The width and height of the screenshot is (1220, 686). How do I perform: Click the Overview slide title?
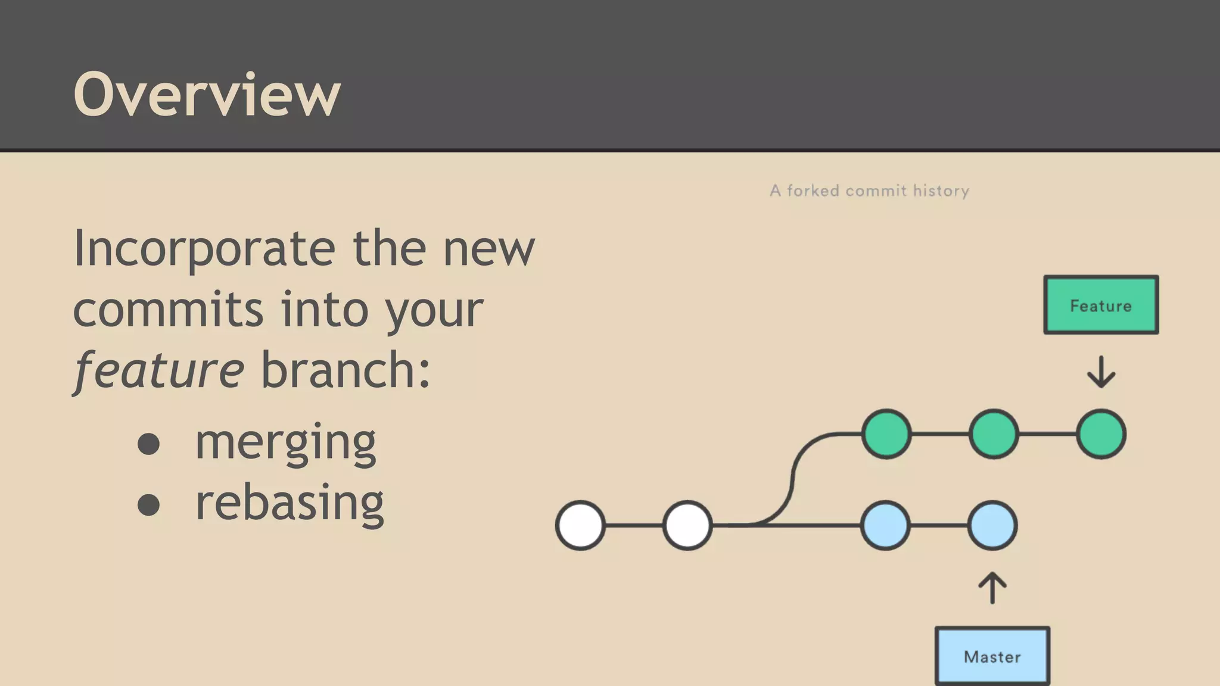tap(206, 94)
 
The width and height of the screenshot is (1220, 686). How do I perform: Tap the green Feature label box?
tap(1100, 305)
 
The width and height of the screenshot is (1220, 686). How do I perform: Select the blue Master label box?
tap(992, 656)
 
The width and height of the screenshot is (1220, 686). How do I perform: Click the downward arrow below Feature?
tap(1100, 372)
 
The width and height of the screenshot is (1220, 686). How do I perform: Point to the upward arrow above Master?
tap(992, 588)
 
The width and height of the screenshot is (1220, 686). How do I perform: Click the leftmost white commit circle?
tap(580, 525)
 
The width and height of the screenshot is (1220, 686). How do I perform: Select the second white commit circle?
tap(687, 525)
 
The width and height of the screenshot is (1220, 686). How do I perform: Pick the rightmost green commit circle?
tap(1101, 434)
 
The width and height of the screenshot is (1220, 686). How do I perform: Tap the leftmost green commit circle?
tap(886, 434)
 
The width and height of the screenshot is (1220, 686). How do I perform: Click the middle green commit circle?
tap(994, 434)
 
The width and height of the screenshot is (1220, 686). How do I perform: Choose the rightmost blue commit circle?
tap(992, 525)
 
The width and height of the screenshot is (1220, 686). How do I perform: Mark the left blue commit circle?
tap(886, 525)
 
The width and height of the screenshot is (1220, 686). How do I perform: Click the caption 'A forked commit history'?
tap(869, 191)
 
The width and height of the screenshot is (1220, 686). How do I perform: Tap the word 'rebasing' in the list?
tap(290, 503)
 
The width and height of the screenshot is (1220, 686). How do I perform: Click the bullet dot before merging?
tap(148, 444)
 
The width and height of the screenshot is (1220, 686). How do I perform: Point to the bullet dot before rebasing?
tap(148, 505)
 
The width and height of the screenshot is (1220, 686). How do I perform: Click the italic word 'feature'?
tap(158, 370)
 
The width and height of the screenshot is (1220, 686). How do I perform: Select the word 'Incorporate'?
tap(204, 249)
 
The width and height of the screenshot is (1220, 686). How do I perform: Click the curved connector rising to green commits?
tap(793, 476)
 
